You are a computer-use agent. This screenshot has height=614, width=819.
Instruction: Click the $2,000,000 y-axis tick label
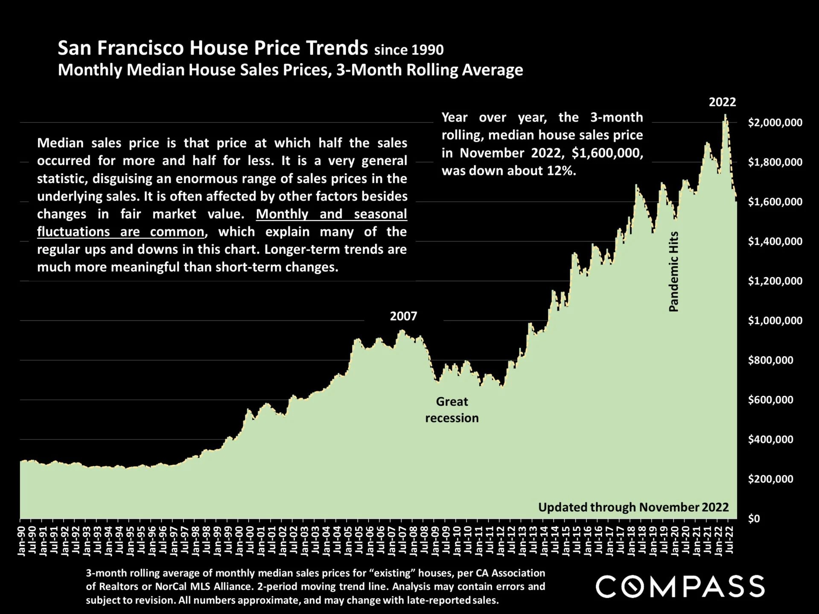coord(775,123)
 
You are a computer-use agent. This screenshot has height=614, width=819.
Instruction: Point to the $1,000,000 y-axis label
coord(775,321)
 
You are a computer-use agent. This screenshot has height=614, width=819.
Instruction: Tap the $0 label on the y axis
coord(754,519)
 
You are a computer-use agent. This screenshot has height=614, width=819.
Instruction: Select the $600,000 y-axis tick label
coord(770,400)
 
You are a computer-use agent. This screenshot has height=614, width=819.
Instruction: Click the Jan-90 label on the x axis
coord(21,541)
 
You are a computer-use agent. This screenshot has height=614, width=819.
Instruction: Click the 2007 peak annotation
coord(403,316)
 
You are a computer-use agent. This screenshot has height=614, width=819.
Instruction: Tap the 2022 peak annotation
coord(722,102)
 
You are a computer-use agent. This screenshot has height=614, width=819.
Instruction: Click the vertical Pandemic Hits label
coord(673,271)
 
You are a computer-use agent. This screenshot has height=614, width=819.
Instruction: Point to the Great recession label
coord(452,410)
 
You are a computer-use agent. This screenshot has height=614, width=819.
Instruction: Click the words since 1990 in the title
coord(409,50)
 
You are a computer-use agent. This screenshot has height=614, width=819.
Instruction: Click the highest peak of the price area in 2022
coord(725,115)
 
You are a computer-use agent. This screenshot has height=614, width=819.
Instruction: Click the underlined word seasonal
coord(380,214)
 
